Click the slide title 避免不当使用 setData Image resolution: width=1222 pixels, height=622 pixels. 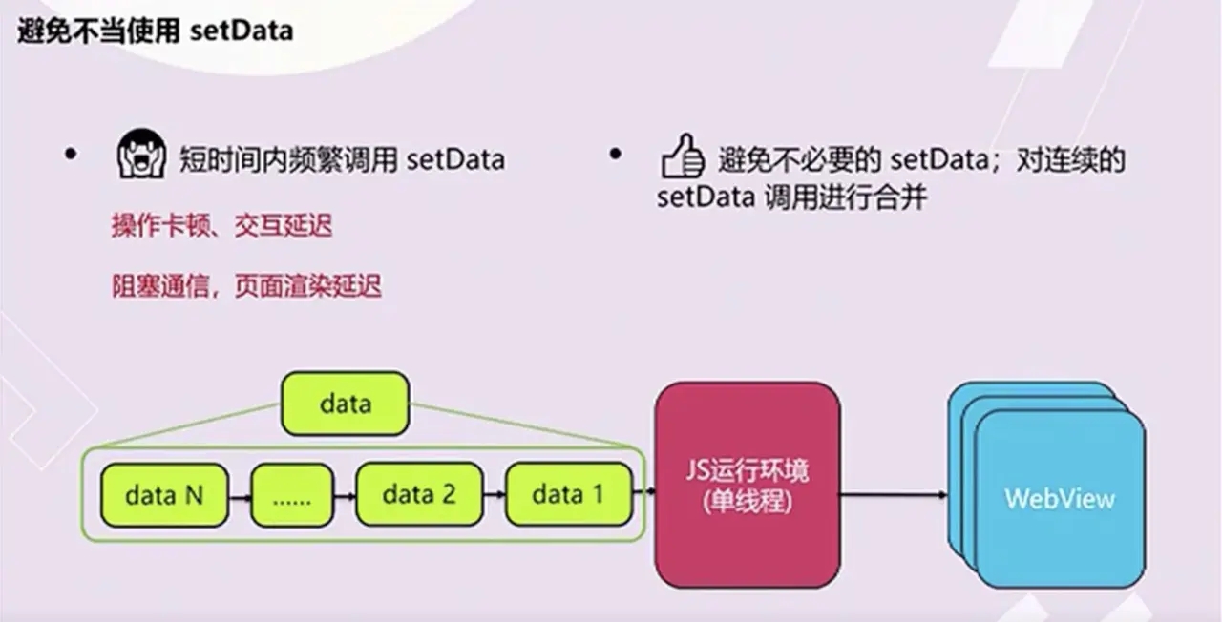tap(156, 31)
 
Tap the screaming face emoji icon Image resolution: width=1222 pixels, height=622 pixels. tap(141, 154)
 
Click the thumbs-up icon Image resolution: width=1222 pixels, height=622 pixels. tap(683, 156)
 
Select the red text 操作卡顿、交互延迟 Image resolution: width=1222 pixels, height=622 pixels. tap(222, 225)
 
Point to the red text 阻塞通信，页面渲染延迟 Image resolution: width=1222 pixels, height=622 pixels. tap(246, 285)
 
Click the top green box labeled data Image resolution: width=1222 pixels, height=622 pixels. tap(346, 404)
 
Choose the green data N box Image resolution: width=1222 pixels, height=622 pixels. tap(164, 495)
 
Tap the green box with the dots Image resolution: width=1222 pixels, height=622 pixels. tap(292, 495)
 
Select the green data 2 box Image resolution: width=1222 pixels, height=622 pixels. tap(419, 494)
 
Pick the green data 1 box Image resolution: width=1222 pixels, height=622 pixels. tap(569, 494)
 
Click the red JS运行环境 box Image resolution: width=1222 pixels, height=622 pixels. tap(748, 486)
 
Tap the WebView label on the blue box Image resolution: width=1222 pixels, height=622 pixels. tap(1060, 499)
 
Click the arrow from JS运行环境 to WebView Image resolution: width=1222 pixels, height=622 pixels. tap(894, 495)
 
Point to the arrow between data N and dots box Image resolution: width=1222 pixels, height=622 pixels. tap(240, 497)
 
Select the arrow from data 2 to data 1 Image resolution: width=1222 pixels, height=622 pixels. tap(495, 494)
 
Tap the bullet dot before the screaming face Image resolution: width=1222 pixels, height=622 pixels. tap(71, 155)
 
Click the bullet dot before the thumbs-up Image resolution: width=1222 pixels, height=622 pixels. tap(615, 155)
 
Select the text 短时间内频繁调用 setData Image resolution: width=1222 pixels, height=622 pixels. tap(342, 159)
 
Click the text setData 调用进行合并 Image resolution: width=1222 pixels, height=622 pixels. tap(791, 197)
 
